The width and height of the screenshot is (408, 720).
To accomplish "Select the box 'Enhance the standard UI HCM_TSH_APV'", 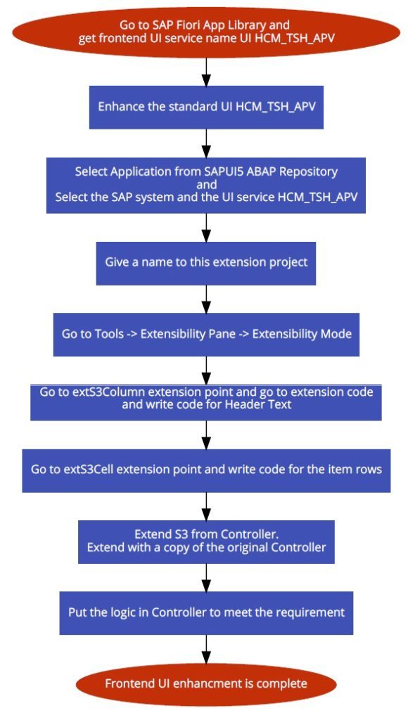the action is point(206,107).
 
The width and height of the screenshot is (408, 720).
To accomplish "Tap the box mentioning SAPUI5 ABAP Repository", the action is point(206,185).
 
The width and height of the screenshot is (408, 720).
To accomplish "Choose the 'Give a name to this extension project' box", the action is point(206,263).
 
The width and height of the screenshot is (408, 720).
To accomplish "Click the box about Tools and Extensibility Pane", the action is point(206,334).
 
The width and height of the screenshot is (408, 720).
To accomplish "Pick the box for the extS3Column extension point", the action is point(206,402).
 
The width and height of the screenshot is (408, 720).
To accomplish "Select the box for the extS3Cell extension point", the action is point(206,470).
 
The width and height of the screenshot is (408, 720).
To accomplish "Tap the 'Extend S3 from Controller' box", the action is point(206,542).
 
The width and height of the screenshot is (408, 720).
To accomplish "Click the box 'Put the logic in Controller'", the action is point(206,613).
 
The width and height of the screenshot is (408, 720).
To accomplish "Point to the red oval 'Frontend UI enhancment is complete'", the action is point(206,684).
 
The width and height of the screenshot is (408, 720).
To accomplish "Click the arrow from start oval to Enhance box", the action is point(206,72).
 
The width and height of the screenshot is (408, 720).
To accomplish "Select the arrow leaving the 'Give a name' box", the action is point(206,299).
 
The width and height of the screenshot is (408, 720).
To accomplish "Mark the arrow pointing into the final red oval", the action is point(206,649).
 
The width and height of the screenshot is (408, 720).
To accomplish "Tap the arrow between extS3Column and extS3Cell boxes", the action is point(206,435).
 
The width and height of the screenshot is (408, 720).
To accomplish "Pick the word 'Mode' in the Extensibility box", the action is point(337,333).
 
